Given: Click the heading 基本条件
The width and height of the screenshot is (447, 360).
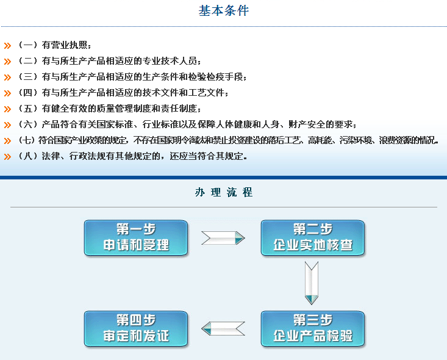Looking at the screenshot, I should click(224, 11).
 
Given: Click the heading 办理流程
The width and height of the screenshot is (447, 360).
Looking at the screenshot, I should click(224, 192).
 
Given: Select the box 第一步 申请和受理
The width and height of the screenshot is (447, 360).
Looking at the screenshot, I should click(135, 238).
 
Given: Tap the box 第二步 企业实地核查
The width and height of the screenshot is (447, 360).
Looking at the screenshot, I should click(312, 238).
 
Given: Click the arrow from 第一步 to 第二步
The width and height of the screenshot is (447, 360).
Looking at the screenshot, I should click(223, 237).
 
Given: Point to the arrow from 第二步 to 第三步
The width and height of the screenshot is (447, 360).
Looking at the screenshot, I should click(312, 283).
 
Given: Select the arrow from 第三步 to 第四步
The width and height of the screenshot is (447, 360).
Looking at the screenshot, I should click(223, 328).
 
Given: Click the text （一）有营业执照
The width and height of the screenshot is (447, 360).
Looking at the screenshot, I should click(54, 45).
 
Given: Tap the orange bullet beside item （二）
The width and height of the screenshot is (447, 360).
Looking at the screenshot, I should click(7, 61).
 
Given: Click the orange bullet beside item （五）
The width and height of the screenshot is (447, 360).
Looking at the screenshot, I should click(7, 109).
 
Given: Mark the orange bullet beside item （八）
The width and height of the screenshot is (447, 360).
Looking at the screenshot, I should click(7, 157).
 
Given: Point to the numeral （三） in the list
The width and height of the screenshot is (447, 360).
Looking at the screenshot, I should click(27, 77).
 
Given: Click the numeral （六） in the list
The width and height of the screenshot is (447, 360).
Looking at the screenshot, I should click(27, 124).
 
